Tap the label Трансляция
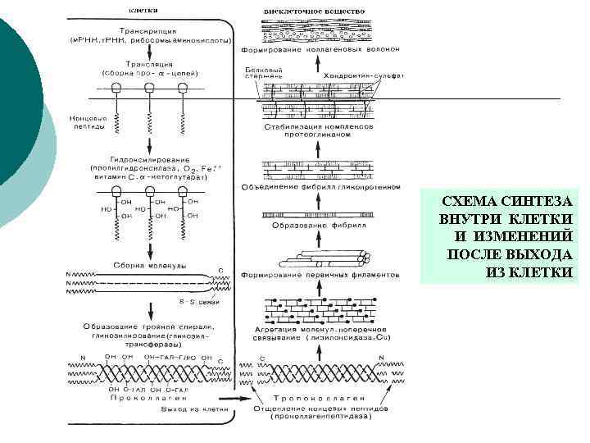coord(147,63)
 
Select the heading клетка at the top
coord(143,10)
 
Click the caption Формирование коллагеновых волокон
coord(320,49)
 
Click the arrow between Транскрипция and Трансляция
coord(149,49)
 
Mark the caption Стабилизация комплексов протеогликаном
coord(320,132)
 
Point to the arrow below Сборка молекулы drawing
coord(150,312)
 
